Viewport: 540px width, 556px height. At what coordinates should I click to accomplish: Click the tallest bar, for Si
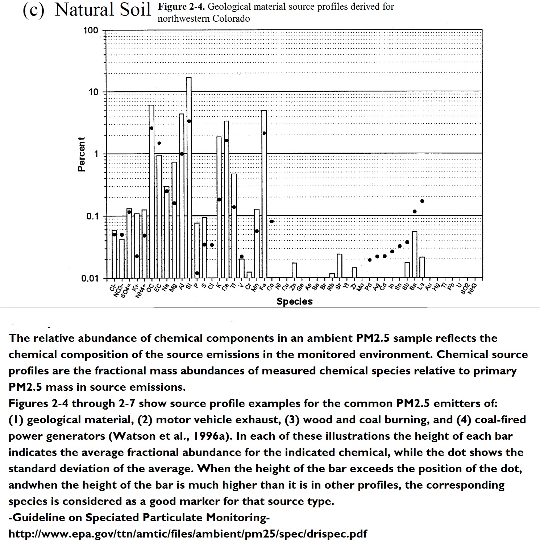pos(189,178)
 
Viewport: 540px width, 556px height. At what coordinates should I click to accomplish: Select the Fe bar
pos(264,194)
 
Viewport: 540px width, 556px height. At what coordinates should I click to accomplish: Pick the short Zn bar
pos(294,270)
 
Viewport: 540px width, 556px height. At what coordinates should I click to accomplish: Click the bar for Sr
pos(339,266)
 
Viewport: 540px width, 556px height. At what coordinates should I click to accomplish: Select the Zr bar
pos(354,273)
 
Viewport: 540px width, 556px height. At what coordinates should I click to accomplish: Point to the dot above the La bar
pos(422,201)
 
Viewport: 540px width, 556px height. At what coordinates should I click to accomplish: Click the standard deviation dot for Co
pos(272,221)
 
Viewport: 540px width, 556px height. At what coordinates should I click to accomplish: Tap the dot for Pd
pos(370,260)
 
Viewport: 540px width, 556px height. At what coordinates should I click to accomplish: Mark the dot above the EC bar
pos(159,143)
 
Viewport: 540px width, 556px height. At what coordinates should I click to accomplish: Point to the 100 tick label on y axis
pos(91,30)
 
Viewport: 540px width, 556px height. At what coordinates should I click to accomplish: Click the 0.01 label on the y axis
pos(90,278)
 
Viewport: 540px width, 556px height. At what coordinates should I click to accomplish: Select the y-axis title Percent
pos(82,154)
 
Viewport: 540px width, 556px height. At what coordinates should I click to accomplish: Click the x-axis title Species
pos(294,302)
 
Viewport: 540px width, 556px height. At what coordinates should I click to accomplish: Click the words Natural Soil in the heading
pos(103,9)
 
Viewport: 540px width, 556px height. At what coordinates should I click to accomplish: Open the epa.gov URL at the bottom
pos(187,534)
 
